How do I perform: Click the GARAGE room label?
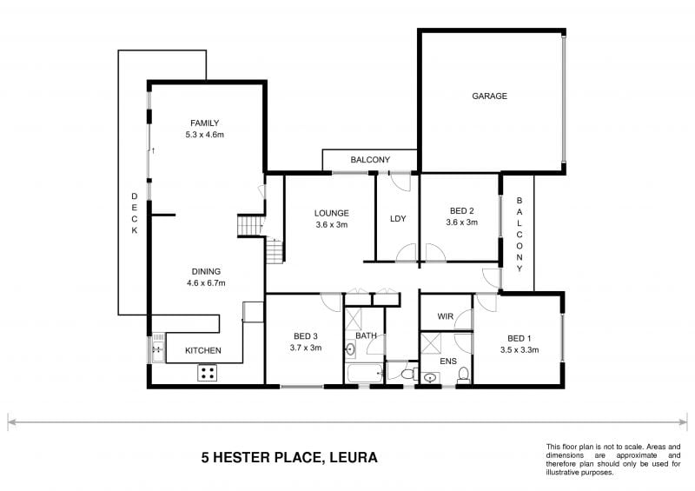tap(489, 96)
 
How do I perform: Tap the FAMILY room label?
tap(204, 123)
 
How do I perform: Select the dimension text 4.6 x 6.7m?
tap(206, 283)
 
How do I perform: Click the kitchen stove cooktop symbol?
tap(208, 373)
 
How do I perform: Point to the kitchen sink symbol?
tap(157, 350)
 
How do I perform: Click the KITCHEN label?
tap(204, 351)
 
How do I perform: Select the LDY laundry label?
tap(399, 218)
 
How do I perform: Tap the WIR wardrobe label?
tap(446, 316)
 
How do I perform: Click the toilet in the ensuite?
tap(464, 375)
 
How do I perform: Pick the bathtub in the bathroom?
tap(363, 375)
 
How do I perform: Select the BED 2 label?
tap(461, 210)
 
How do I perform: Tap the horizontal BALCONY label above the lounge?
tap(370, 161)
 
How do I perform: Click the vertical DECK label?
tap(135, 213)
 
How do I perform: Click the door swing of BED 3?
tap(331, 303)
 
